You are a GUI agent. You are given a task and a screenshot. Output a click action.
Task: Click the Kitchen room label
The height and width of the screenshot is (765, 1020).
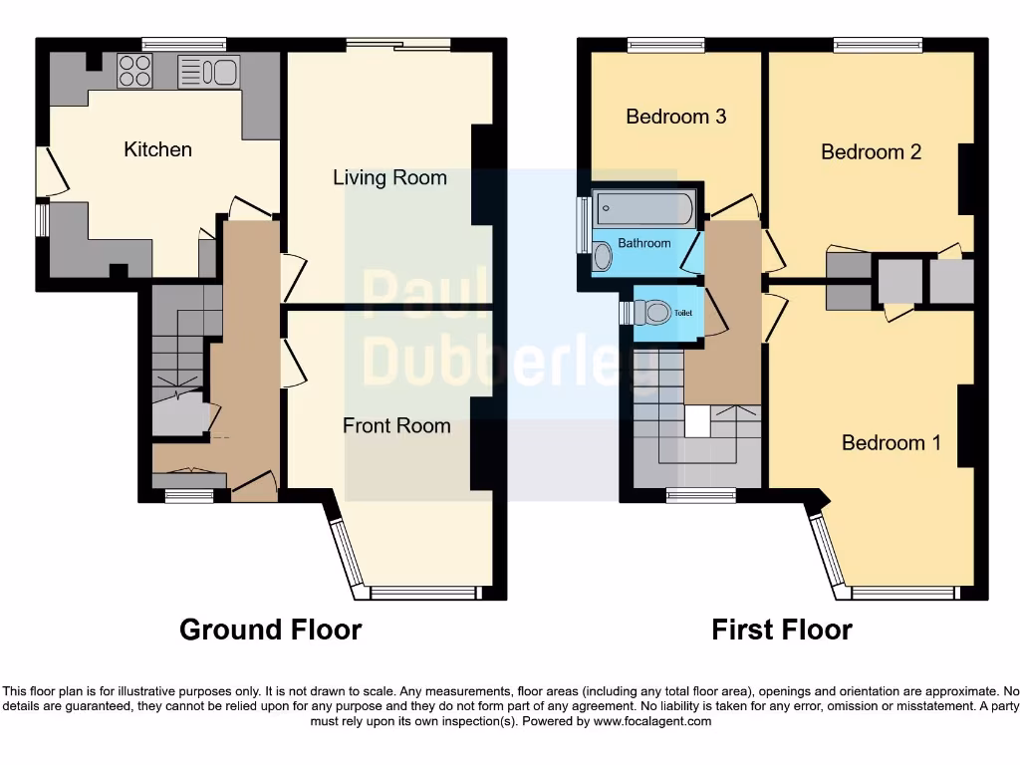[157, 149]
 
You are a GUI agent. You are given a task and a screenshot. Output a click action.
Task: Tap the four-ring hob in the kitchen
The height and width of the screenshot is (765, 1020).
[134, 71]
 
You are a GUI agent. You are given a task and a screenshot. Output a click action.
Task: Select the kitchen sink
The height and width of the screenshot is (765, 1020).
[208, 72]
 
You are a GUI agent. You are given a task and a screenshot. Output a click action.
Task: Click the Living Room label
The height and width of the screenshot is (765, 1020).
[389, 178]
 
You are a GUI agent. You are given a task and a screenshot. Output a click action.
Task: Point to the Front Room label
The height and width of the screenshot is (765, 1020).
[396, 425]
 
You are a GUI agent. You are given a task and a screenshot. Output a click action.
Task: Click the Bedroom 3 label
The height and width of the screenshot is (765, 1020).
[675, 117]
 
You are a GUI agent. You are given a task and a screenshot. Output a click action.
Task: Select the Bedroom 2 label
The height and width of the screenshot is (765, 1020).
[871, 151]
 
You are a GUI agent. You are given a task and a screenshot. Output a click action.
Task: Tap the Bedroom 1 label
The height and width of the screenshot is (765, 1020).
[891, 442]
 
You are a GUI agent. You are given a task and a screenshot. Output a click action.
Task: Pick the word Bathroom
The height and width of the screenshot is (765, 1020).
[644, 243]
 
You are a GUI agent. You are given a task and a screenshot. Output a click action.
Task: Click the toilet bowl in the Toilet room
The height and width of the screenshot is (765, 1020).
[656, 313]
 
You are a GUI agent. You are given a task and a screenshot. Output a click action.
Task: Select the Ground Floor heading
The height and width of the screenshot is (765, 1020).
[270, 630]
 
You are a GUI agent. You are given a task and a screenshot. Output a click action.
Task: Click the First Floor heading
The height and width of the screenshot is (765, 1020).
[782, 630]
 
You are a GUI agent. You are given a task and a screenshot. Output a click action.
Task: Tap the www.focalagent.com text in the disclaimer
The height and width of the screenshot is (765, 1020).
[651, 721]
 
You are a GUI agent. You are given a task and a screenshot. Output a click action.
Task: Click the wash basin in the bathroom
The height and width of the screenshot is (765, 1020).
[601, 257]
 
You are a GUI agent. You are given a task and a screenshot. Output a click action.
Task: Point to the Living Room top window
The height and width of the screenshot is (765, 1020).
[397, 43]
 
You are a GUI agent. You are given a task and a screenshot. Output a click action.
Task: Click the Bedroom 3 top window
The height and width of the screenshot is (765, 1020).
[666, 43]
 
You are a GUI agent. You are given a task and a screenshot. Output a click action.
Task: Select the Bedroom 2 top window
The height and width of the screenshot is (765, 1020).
[878, 43]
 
